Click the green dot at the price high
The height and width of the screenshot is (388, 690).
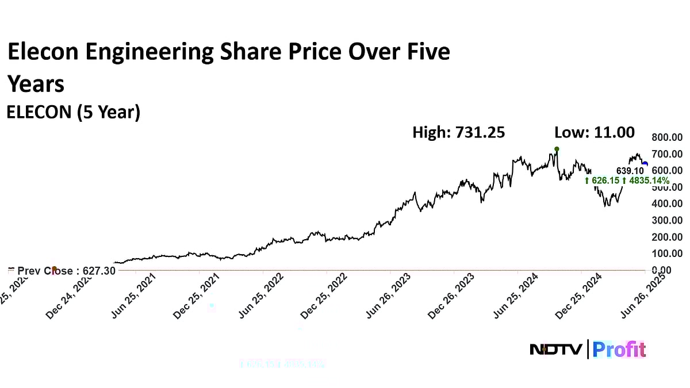pyautogui.click(x=557, y=149)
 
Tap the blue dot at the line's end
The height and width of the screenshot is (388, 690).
pyautogui.click(x=645, y=164)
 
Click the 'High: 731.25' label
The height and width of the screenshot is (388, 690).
pyautogui.click(x=458, y=133)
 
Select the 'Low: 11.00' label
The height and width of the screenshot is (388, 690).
pyautogui.click(x=594, y=133)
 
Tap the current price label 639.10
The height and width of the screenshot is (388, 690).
pyautogui.click(x=630, y=171)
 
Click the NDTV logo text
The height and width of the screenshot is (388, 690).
pyautogui.click(x=556, y=349)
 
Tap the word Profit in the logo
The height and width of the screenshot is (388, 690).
pyautogui.click(x=619, y=349)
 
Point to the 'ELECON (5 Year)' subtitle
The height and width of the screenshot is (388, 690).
pyautogui.click(x=73, y=113)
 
